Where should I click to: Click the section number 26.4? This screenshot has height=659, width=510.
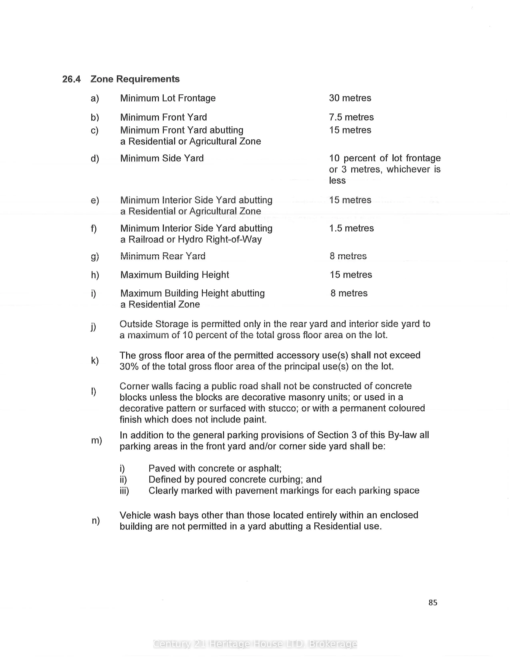[71, 79]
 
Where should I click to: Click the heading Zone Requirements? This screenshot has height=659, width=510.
[135, 79]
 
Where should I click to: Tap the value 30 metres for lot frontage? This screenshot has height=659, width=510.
[350, 98]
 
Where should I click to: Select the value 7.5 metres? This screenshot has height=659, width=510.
[351, 117]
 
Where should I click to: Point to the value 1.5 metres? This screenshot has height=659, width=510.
[351, 228]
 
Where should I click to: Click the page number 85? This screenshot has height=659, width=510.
[433, 602]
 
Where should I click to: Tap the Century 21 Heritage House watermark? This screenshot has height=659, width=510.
[255, 644]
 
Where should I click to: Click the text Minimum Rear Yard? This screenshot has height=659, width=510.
[163, 256]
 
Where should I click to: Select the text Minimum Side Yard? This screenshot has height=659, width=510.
[162, 158]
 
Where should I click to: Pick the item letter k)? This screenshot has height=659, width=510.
[95, 361]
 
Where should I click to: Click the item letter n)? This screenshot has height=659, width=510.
[95, 520]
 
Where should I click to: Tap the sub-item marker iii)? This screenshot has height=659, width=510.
[124, 491]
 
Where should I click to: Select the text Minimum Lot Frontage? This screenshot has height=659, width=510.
[168, 98]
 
